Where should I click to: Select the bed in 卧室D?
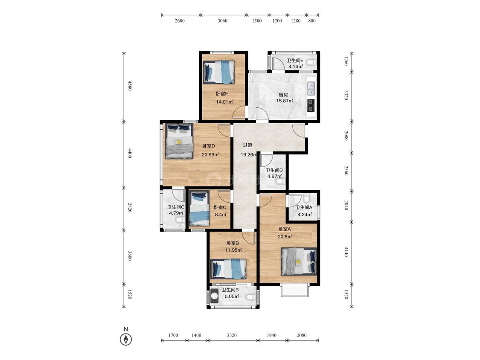point(179,141)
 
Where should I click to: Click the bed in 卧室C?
point(199,208)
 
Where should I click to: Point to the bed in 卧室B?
point(229,269)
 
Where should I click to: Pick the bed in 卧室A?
point(299,261)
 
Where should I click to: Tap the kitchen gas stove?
point(311,105)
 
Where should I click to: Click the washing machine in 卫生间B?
point(214,296)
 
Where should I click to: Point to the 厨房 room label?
point(283,95)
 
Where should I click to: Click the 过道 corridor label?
point(247,145)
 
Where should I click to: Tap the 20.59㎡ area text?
point(210,154)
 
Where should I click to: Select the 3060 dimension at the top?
point(223,21)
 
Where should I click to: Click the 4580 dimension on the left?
point(129,86)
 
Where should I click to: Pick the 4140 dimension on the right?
point(346,252)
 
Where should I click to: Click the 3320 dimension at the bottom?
point(232,335)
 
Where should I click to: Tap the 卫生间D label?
point(274,171)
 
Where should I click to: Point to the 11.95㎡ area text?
point(233,250)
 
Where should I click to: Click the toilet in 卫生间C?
point(180,220)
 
